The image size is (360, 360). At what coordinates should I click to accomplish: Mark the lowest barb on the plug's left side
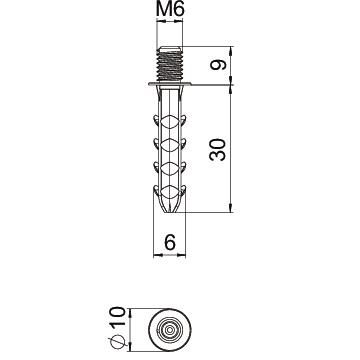point(155,187)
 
